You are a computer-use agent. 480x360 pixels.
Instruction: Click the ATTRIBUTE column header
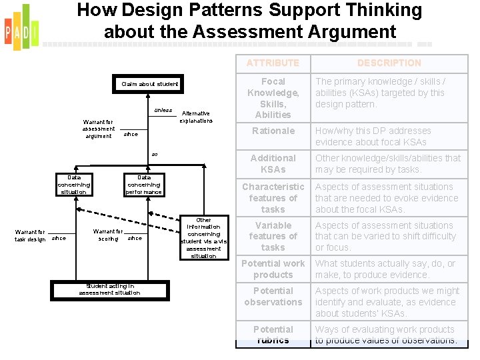point(273,63)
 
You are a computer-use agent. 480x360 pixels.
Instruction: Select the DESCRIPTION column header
point(389,63)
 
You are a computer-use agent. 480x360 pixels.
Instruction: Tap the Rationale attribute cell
point(273,131)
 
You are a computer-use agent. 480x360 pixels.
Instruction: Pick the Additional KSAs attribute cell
point(273,164)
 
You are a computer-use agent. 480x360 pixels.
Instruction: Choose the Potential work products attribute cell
point(273,269)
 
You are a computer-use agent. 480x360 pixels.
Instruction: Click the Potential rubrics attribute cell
point(273,335)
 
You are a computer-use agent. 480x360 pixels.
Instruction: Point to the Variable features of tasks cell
point(273,237)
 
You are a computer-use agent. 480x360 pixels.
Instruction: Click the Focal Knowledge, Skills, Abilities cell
point(273,98)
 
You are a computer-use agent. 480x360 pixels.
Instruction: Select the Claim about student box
point(150,85)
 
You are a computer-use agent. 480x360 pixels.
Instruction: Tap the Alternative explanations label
point(196,117)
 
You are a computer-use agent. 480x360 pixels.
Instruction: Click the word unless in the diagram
point(163,110)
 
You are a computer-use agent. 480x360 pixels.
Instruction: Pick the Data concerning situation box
point(73,185)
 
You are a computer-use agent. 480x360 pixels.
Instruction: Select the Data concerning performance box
point(144,185)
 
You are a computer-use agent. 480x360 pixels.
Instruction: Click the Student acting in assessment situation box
point(109,289)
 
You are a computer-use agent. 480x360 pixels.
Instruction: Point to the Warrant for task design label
point(30,235)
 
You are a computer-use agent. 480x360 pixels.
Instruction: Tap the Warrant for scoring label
point(108,235)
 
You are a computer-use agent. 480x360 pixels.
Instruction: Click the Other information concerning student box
point(203,238)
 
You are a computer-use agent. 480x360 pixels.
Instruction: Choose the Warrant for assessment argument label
point(99,129)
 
